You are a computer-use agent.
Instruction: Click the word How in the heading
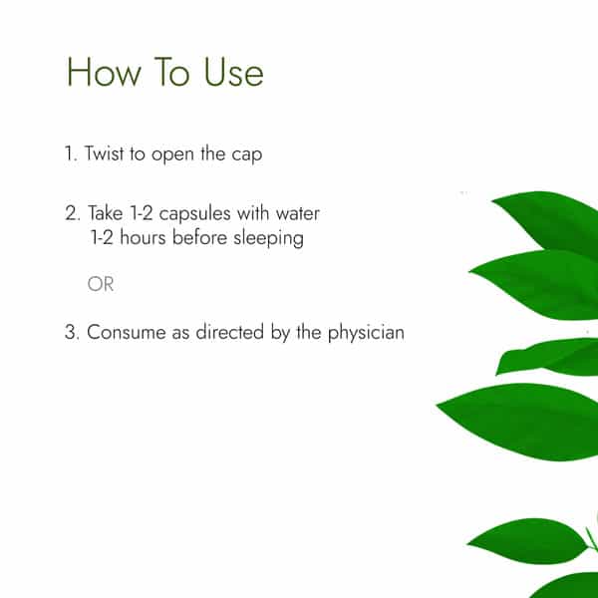pyautogui.click(x=104, y=72)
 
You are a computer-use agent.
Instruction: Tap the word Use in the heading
pyautogui.click(x=233, y=72)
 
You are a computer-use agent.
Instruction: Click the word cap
pyautogui.click(x=247, y=155)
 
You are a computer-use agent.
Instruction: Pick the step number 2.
pyautogui.click(x=72, y=213)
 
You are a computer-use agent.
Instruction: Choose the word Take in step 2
pyautogui.click(x=106, y=212)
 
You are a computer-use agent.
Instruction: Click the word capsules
pyautogui.click(x=194, y=213)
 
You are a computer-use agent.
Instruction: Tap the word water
pyautogui.click(x=297, y=213)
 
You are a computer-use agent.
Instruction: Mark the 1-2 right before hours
pyautogui.click(x=102, y=237)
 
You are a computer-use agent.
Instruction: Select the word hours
pyautogui.click(x=143, y=237)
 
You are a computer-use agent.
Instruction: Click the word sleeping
pyautogui.click(x=268, y=238)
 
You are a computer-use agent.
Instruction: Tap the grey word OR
pyautogui.click(x=101, y=284)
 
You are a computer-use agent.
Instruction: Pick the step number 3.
pyautogui.click(x=72, y=332)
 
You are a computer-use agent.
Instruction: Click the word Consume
pyautogui.click(x=127, y=332)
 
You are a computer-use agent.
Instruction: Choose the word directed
pyautogui.click(x=229, y=332)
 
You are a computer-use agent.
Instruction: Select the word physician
pyautogui.click(x=366, y=333)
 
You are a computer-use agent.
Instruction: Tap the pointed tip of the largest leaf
pyautogui.click(x=438, y=406)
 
